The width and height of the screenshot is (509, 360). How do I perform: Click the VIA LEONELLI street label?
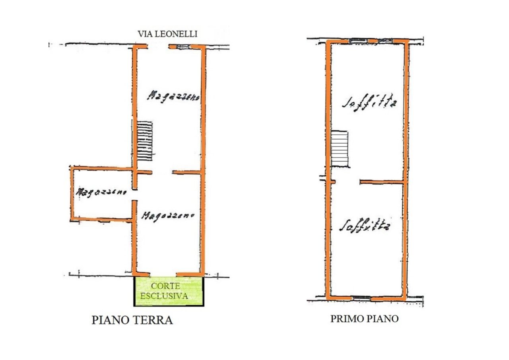[x=167, y=34]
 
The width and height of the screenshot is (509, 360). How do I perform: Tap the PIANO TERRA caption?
[x=132, y=320]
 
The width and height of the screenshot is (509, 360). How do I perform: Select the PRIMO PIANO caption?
[x=364, y=319]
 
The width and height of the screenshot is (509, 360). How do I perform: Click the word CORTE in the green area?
[x=165, y=286]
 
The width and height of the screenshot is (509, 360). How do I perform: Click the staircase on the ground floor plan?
[x=145, y=141]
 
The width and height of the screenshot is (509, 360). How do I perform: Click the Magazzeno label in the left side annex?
[x=101, y=192]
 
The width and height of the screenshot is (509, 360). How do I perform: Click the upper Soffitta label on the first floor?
[x=369, y=103]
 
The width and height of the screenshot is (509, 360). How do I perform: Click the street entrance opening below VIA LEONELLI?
[x=159, y=47]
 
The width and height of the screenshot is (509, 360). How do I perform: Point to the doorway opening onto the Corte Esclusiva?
[x=163, y=274]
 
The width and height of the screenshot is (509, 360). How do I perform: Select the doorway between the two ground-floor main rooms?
[x=162, y=172]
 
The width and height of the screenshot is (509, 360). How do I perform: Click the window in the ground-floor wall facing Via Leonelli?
[x=183, y=47]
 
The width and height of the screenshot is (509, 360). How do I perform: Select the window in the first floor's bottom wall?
[x=361, y=298]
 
